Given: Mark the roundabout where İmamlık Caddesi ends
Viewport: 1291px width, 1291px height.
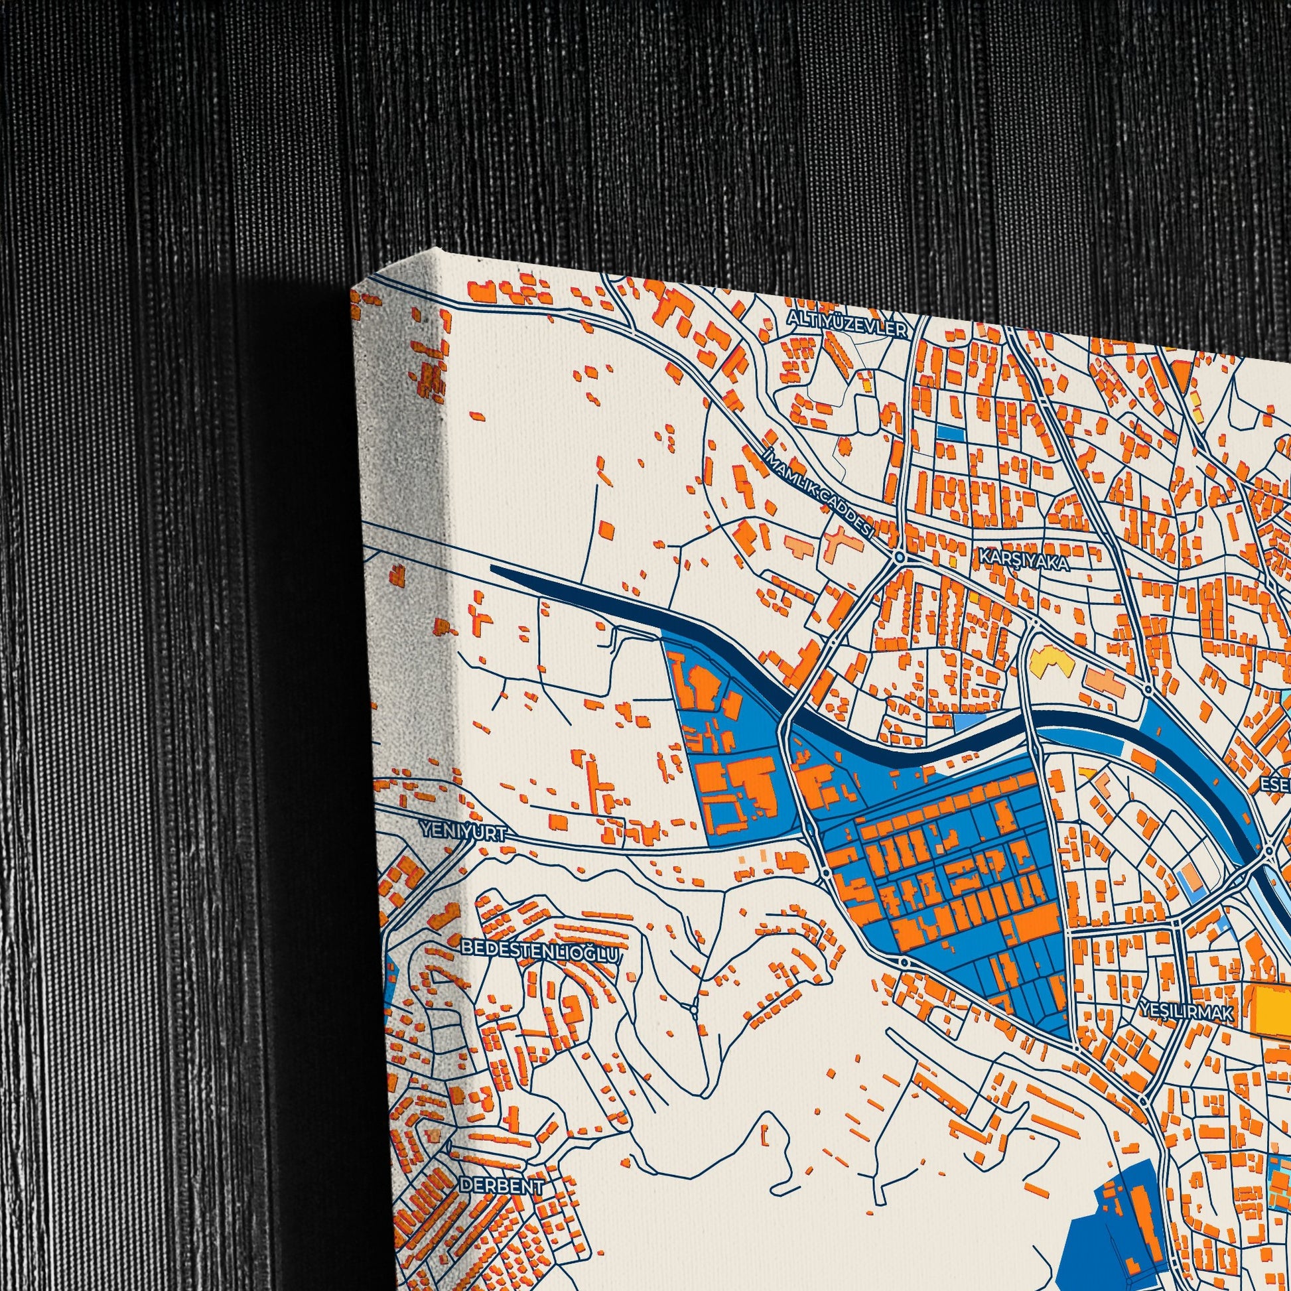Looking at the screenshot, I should [x=900, y=557].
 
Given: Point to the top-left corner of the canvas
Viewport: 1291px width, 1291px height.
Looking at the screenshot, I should [x=353, y=289].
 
